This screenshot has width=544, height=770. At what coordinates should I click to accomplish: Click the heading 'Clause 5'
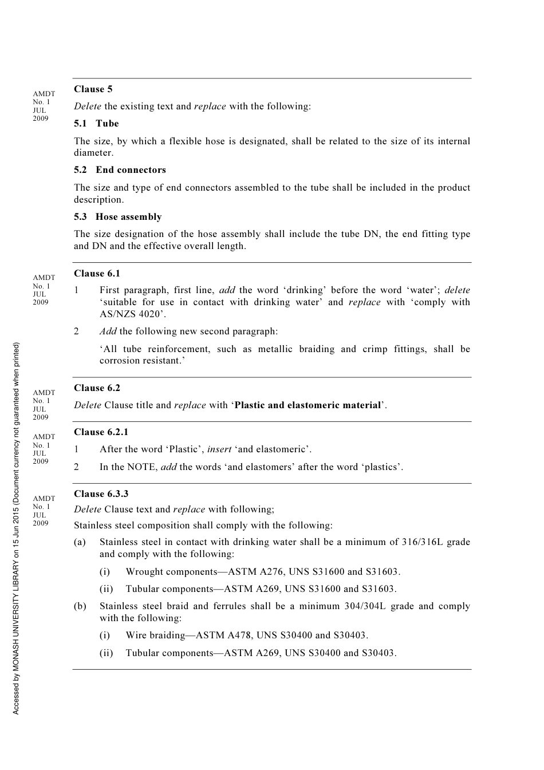point(93,89)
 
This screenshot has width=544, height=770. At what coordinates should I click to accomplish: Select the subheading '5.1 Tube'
point(96,124)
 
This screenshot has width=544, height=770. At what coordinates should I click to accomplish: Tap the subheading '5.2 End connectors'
point(120,170)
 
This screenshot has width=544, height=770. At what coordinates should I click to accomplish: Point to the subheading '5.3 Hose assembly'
point(117,217)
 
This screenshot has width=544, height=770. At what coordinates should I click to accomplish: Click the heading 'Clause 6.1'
point(97,274)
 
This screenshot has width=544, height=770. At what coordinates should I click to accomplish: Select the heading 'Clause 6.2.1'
point(101,432)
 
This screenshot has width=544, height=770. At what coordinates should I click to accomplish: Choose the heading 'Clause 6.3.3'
point(101,493)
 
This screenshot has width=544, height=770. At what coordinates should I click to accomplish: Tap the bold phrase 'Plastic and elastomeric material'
point(308,405)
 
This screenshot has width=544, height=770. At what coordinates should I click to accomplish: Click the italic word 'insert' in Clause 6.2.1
point(219,449)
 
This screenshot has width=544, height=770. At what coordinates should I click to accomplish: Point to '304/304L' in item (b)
point(365,606)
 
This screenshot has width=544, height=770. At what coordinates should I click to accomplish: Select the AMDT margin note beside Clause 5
point(44,106)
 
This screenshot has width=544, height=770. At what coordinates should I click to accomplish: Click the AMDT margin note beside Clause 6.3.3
point(44,511)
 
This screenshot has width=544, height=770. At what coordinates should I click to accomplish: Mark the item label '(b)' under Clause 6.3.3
point(80,606)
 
